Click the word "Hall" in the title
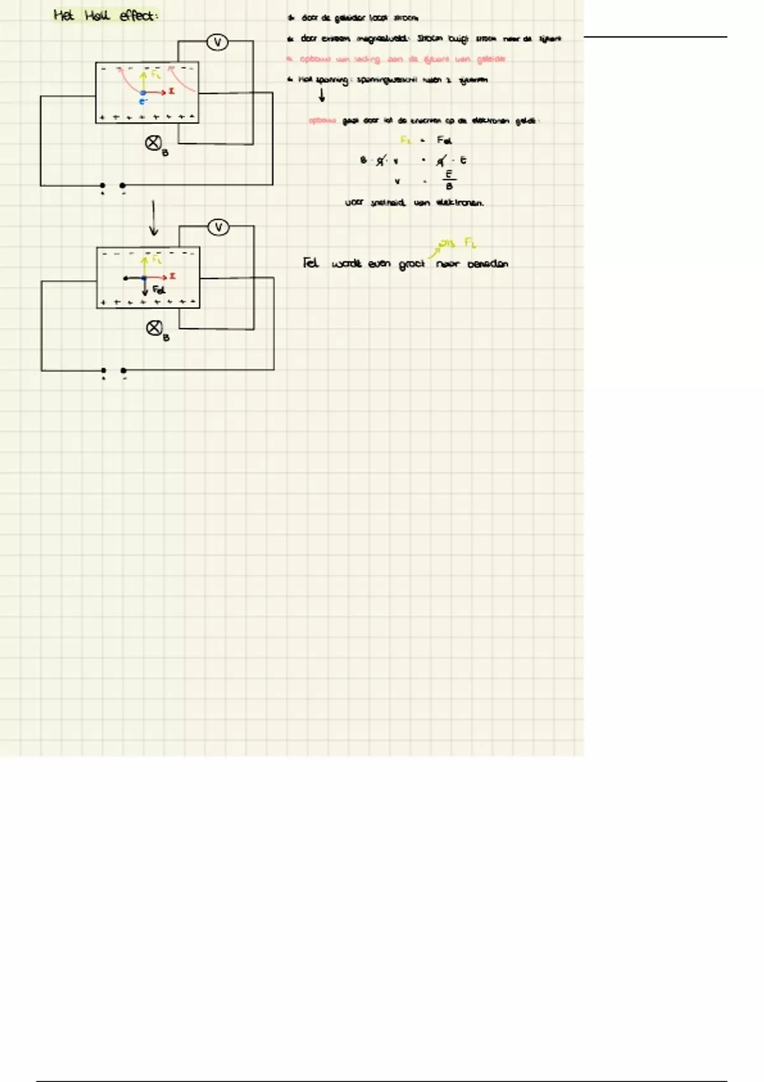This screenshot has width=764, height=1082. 99,15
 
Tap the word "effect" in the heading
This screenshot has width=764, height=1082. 138,15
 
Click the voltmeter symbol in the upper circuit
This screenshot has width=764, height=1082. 218,43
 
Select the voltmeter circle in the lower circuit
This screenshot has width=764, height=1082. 218,227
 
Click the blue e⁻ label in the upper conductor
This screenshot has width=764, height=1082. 143,101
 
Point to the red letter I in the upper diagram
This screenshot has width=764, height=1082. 172,92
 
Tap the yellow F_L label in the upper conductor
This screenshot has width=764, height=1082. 156,75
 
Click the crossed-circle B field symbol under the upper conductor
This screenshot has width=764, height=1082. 153,143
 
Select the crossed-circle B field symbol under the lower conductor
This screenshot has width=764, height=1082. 155,328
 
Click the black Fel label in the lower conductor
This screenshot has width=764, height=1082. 159,290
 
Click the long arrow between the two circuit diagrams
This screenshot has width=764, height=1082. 153,218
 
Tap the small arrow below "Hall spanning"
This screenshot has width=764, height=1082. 322,95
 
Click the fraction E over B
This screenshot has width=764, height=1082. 449,180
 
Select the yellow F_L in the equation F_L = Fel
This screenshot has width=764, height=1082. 406,140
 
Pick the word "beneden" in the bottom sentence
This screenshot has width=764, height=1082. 488,264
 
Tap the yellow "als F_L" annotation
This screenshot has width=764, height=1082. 457,242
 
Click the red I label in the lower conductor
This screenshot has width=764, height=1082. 173,276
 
